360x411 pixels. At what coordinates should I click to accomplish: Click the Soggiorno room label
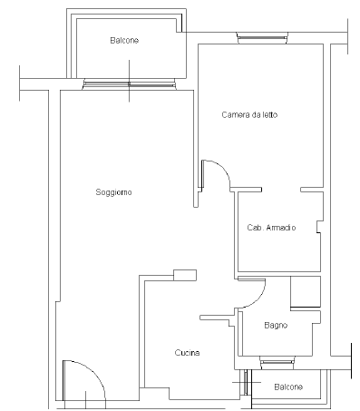pos(113,192)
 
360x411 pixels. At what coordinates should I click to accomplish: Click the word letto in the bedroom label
pos(270,115)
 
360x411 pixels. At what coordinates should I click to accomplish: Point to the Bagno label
pos(276,326)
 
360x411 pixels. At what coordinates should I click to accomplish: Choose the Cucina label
pos(187,353)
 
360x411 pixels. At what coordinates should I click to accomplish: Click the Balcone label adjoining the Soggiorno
pos(124,40)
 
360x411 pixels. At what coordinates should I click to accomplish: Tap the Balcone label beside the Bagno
pos(288,387)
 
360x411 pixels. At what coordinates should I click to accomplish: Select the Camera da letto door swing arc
pos(223,169)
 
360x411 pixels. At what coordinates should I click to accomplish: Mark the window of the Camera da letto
pos(262,38)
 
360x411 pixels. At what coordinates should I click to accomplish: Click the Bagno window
pos(277,362)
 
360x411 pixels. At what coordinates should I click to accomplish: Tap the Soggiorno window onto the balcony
pos(130,84)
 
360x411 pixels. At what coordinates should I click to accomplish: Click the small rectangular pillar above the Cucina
pos(185,275)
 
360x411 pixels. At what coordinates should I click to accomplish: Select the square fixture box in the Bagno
pos(306,291)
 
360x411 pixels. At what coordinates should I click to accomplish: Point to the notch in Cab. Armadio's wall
pos(318,227)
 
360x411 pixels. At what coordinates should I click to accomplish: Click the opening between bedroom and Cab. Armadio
pos(281,190)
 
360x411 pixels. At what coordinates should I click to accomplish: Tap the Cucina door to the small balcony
pos(247,382)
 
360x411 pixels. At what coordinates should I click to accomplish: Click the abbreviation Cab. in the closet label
pos(255,228)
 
